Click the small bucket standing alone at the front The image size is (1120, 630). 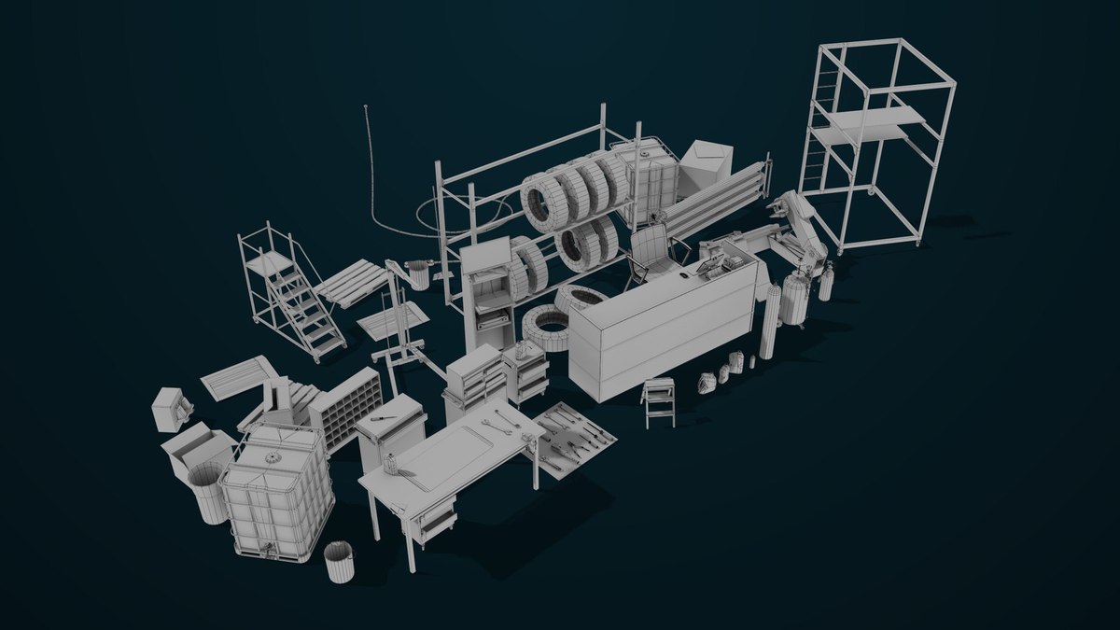(x=340, y=562)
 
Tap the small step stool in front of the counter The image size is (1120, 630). (x=659, y=401)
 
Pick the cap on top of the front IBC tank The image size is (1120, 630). (x=273, y=457)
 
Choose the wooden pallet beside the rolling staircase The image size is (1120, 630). (x=353, y=282)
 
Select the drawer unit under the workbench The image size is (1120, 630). (x=437, y=520)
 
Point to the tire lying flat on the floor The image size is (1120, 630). (x=545, y=329)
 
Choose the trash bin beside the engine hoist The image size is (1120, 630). (x=419, y=274)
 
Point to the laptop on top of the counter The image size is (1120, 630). (x=716, y=269)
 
